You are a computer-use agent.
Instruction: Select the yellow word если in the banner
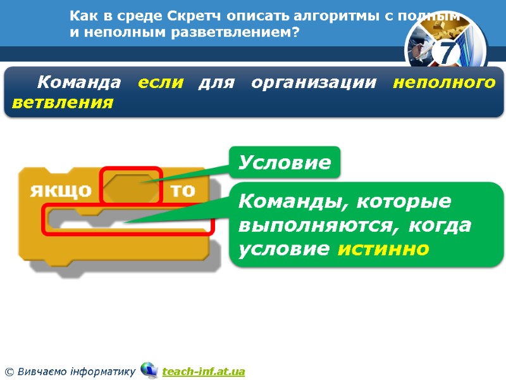(161, 82)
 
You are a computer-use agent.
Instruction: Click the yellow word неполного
(444, 82)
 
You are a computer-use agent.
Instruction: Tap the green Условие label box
(285, 163)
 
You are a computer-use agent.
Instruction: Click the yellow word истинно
(384, 248)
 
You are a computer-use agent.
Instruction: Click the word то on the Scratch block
(183, 191)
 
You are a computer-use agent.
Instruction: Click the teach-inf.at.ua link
(203, 371)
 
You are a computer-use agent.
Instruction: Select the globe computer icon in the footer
(149, 370)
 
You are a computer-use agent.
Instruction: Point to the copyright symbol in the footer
(9, 371)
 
